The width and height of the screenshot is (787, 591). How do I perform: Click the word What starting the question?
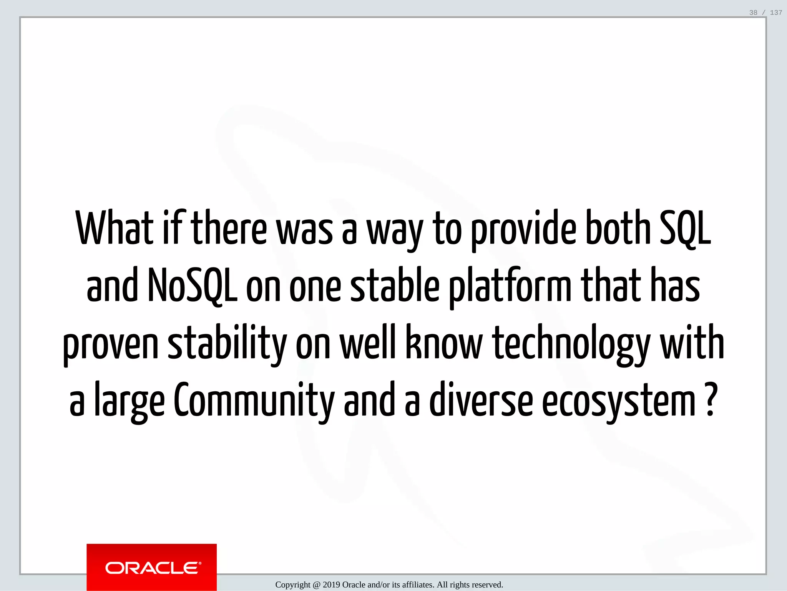click(115, 228)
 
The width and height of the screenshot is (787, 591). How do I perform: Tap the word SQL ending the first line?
click(685, 229)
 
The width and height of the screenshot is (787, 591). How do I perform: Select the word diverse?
click(481, 400)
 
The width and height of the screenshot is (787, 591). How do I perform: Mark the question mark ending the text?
click(711, 400)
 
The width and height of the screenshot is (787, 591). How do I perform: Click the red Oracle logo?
click(152, 567)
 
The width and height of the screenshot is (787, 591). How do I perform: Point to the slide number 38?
click(753, 13)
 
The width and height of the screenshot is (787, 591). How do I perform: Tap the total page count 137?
click(776, 13)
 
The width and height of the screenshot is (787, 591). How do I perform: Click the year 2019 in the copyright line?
click(331, 585)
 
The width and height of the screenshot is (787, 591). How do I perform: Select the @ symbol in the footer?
click(316, 585)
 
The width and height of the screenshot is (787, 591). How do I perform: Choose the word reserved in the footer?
click(487, 585)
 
